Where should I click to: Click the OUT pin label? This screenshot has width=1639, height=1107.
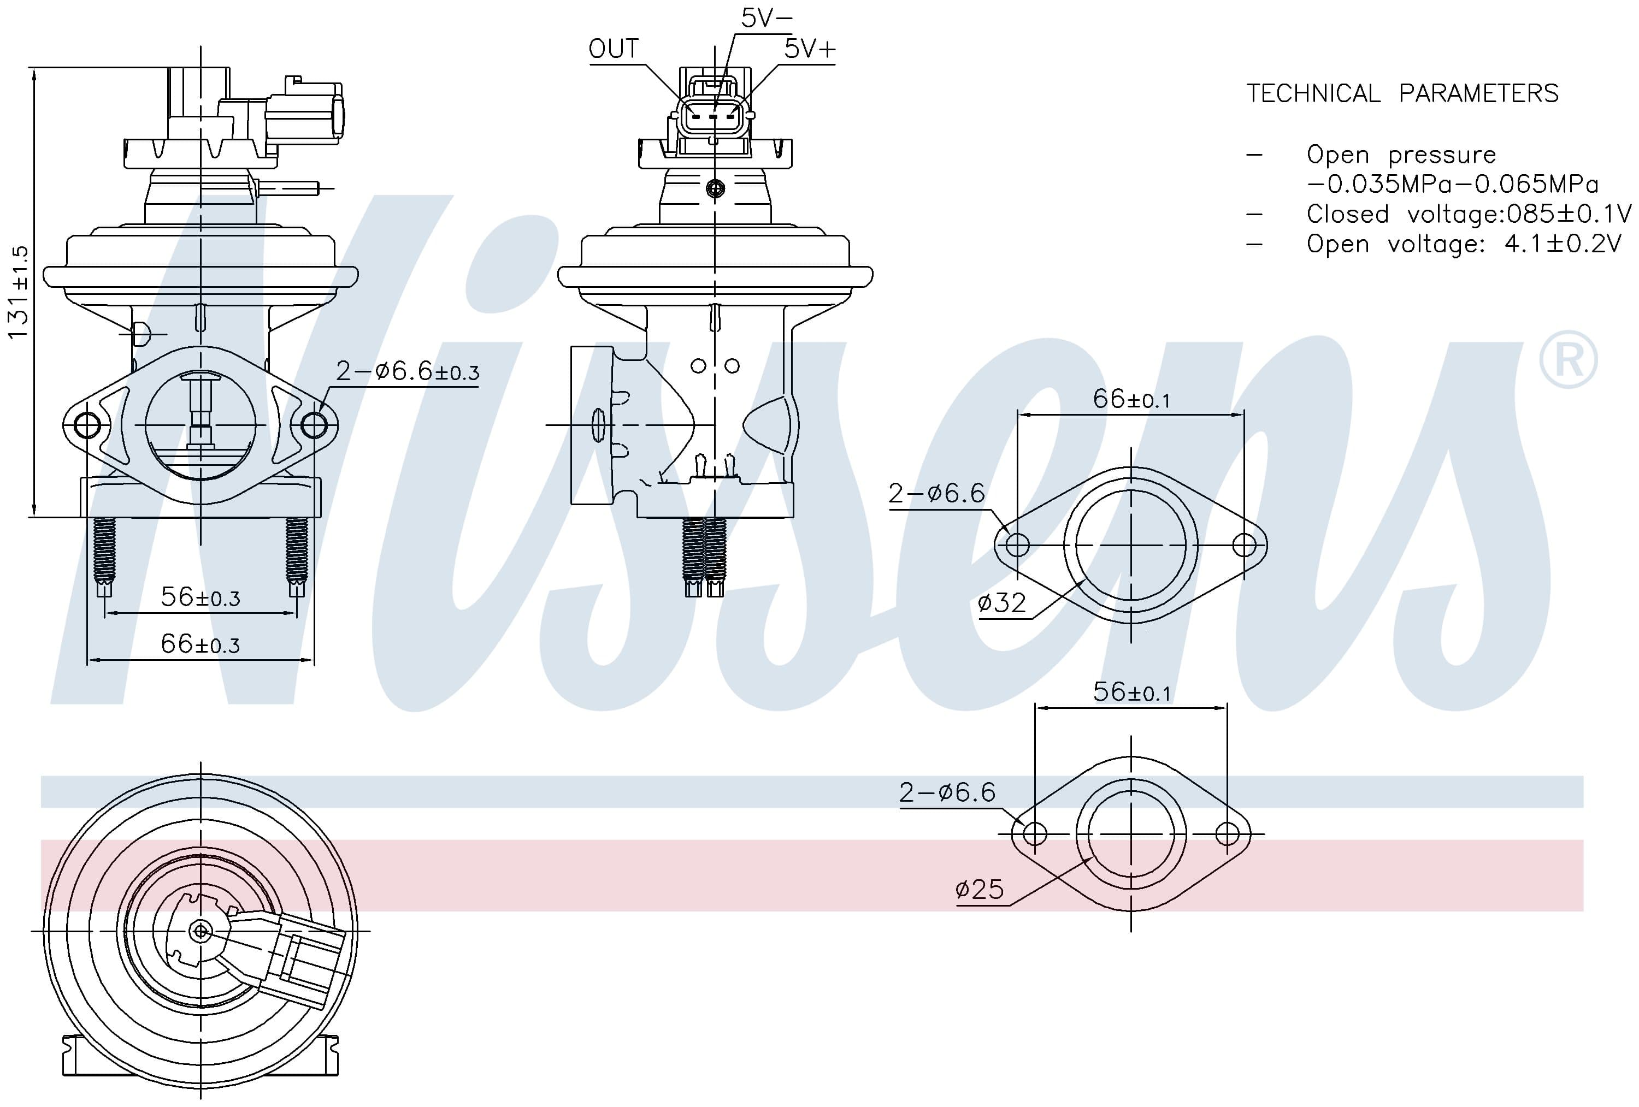614,49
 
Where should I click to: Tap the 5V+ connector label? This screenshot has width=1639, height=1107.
810,49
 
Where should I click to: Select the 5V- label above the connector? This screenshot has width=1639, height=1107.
767,17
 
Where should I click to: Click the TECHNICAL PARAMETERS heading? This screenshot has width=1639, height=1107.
1402,93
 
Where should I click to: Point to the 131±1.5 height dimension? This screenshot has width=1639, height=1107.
19,292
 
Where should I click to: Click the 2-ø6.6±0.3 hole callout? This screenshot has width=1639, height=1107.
408,371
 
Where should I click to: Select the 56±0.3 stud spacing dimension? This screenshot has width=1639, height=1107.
201,597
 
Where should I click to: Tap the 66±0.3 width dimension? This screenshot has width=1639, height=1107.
201,644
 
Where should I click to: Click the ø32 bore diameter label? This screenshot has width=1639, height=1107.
1001,603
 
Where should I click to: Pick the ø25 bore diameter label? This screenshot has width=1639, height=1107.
980,889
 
